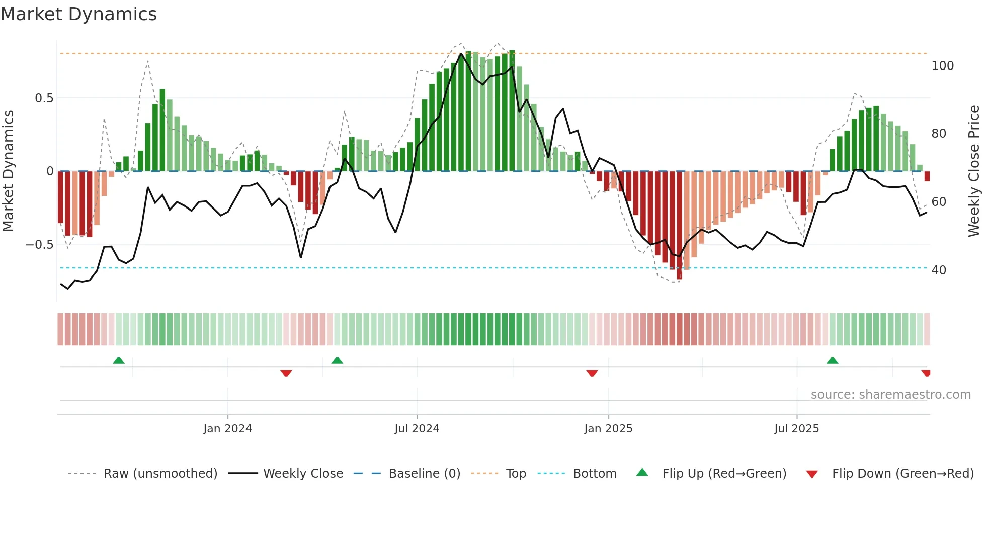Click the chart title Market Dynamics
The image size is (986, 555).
tap(78, 14)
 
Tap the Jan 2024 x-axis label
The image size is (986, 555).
tap(227, 429)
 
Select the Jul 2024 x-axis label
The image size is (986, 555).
tap(417, 429)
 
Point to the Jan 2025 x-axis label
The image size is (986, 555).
tap(608, 429)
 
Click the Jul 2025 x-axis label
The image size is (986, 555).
tap(796, 429)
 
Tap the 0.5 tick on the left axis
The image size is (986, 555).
tap(44, 98)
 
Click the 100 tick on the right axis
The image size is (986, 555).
tap(942, 66)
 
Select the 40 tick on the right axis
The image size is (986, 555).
tap(939, 270)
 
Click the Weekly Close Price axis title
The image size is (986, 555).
tap(974, 171)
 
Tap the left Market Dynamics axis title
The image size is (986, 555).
tap(8, 171)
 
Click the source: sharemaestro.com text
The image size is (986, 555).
tap(890, 395)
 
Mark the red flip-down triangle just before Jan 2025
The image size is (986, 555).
tap(592, 373)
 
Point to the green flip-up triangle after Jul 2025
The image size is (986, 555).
tap(832, 360)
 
